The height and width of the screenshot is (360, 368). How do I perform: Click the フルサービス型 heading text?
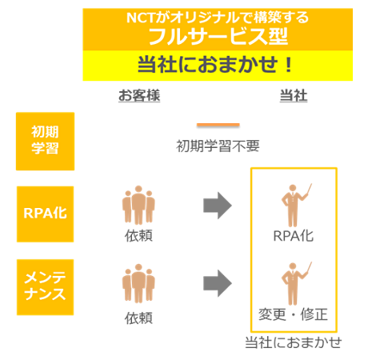click(218, 36)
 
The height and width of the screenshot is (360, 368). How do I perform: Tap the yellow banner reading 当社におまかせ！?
click(218, 66)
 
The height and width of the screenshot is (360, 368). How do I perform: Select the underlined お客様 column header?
click(139, 95)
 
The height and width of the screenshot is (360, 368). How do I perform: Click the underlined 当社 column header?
click(294, 95)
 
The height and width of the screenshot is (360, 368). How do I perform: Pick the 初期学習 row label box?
click(45, 141)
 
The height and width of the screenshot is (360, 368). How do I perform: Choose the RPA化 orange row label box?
click(45, 214)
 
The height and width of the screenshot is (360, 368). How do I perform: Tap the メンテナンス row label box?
click(45, 287)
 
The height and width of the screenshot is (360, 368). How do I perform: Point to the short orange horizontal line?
click(218, 125)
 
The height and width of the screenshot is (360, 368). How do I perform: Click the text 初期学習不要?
click(218, 146)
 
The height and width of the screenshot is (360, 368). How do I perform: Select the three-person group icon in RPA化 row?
click(138, 205)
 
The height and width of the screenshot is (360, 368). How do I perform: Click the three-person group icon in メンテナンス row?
click(138, 283)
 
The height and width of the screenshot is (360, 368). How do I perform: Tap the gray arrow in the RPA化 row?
click(218, 206)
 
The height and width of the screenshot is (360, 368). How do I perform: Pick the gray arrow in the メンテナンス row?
click(218, 283)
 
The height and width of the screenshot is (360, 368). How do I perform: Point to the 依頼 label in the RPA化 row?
click(138, 236)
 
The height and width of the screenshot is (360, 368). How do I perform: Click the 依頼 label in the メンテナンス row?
click(138, 318)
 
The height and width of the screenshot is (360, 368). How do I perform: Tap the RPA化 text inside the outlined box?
click(294, 236)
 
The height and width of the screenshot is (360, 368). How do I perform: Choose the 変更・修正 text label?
click(293, 314)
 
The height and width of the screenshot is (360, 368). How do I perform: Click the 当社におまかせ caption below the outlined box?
click(294, 342)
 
